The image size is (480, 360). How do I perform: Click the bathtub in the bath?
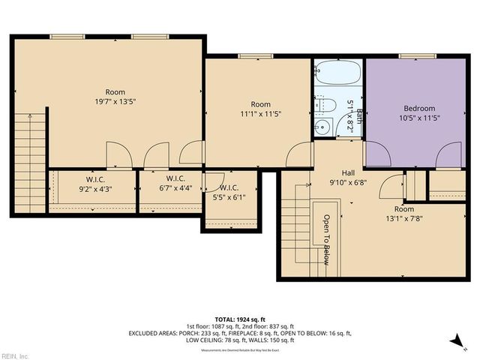tap(337, 73)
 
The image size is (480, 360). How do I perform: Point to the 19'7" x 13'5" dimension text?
tap(115, 101)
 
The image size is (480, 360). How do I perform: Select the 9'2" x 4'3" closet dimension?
tap(94, 189)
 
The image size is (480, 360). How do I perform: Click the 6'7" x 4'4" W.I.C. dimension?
tap(175, 189)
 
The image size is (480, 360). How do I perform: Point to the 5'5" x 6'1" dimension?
tap(229, 197)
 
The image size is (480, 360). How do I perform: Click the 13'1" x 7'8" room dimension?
tap(403, 219)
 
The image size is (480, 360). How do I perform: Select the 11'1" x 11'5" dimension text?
tap(260, 113)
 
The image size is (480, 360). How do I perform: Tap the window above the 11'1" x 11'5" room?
tap(250, 56)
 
